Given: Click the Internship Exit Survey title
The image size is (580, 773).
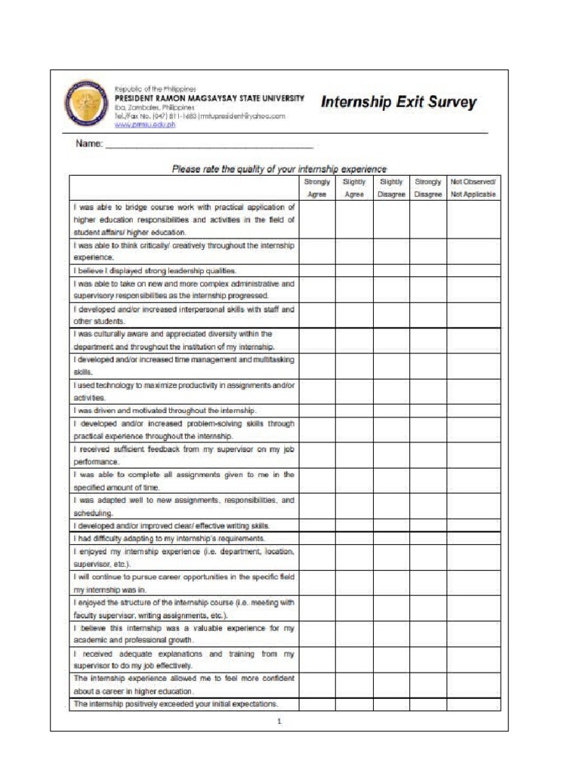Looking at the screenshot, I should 399,102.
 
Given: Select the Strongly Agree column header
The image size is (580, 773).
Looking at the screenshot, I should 317,188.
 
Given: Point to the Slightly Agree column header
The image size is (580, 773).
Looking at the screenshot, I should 354,188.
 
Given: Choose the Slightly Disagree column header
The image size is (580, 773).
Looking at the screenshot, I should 391,188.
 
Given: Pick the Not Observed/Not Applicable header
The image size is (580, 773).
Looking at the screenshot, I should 473,188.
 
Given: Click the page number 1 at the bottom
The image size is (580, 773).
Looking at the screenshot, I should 279,721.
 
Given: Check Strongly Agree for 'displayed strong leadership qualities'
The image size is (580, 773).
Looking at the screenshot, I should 317,270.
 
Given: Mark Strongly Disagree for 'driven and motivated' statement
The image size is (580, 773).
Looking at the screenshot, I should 428,410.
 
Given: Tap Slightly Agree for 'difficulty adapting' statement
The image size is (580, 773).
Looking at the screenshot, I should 354,538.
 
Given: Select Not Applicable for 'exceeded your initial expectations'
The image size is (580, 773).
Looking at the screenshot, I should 473,704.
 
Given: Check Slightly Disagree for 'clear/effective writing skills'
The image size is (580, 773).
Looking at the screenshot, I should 391,525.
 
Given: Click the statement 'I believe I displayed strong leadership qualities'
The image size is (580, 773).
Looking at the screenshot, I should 155,270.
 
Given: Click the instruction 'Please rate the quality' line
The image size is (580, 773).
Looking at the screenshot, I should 279,169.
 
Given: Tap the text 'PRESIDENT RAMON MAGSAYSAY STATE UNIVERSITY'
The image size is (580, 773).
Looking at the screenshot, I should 209,98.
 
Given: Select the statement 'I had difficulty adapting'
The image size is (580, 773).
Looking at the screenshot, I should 168,538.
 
